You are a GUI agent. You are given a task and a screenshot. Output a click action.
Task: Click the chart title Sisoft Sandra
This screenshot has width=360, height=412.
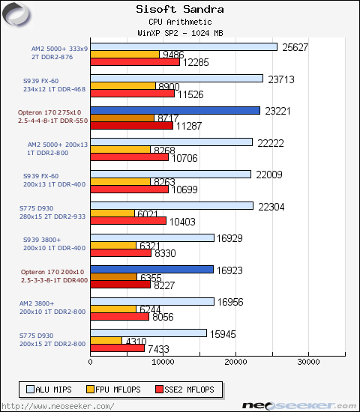tap(179, 10)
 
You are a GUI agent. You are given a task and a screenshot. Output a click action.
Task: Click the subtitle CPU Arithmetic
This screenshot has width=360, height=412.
tap(179, 22)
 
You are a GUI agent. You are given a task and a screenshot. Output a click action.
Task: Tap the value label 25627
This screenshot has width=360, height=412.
tap(295, 46)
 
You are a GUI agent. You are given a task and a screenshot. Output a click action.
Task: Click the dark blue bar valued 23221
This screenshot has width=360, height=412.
tap(175, 110)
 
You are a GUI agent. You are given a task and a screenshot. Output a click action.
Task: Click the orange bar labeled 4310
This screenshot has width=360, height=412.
tap(106, 340)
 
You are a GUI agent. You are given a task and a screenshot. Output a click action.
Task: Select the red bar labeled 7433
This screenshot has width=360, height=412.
tap(117, 348)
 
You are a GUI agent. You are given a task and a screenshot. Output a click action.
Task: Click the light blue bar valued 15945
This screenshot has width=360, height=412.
tap(148, 333)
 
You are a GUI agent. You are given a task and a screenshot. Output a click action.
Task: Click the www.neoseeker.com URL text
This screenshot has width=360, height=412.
tap(58, 405)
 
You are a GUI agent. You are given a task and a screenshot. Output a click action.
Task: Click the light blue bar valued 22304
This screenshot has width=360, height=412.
tap(171, 206)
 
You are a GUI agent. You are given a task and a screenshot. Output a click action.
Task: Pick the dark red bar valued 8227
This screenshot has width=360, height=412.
tap(120, 284)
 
